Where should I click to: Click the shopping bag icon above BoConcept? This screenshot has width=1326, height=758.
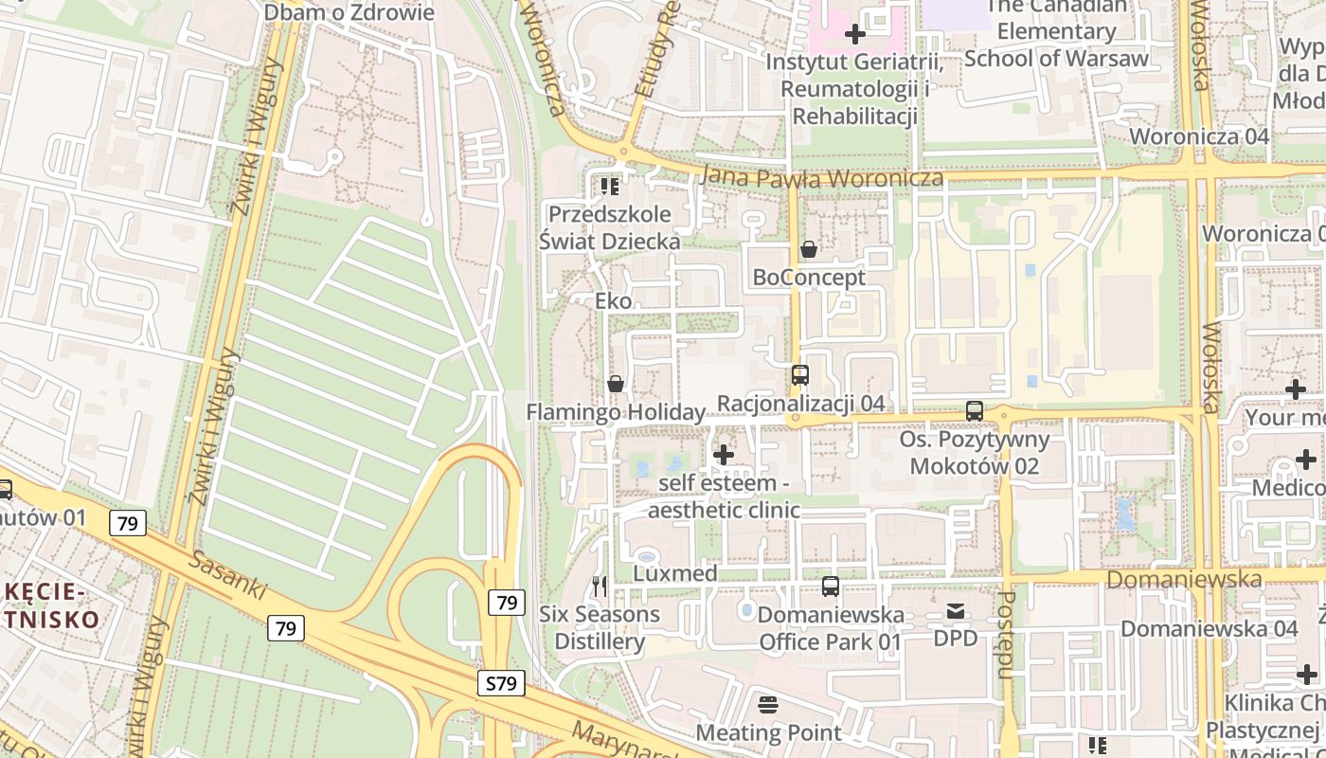[x=809, y=249]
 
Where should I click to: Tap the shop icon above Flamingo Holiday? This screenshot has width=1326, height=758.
[x=616, y=384]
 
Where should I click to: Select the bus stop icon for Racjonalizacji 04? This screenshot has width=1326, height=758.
[x=800, y=375]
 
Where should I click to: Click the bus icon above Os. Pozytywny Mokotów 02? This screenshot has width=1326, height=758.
[x=974, y=411]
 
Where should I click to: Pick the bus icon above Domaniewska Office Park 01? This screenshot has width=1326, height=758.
[x=831, y=587]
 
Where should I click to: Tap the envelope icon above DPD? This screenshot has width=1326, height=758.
[x=955, y=611]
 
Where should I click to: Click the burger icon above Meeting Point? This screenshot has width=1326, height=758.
[x=768, y=705]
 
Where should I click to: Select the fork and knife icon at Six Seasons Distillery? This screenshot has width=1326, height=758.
[x=599, y=587]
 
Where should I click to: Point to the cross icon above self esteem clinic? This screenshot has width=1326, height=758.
[x=724, y=455]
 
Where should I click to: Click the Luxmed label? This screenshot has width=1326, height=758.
[x=674, y=574]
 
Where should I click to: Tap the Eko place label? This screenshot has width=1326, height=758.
[x=613, y=301]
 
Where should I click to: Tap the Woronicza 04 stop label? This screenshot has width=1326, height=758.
[x=1198, y=135]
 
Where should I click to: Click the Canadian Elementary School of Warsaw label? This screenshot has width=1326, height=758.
[x=1056, y=32]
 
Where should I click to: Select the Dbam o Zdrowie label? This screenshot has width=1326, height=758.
[x=349, y=12]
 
